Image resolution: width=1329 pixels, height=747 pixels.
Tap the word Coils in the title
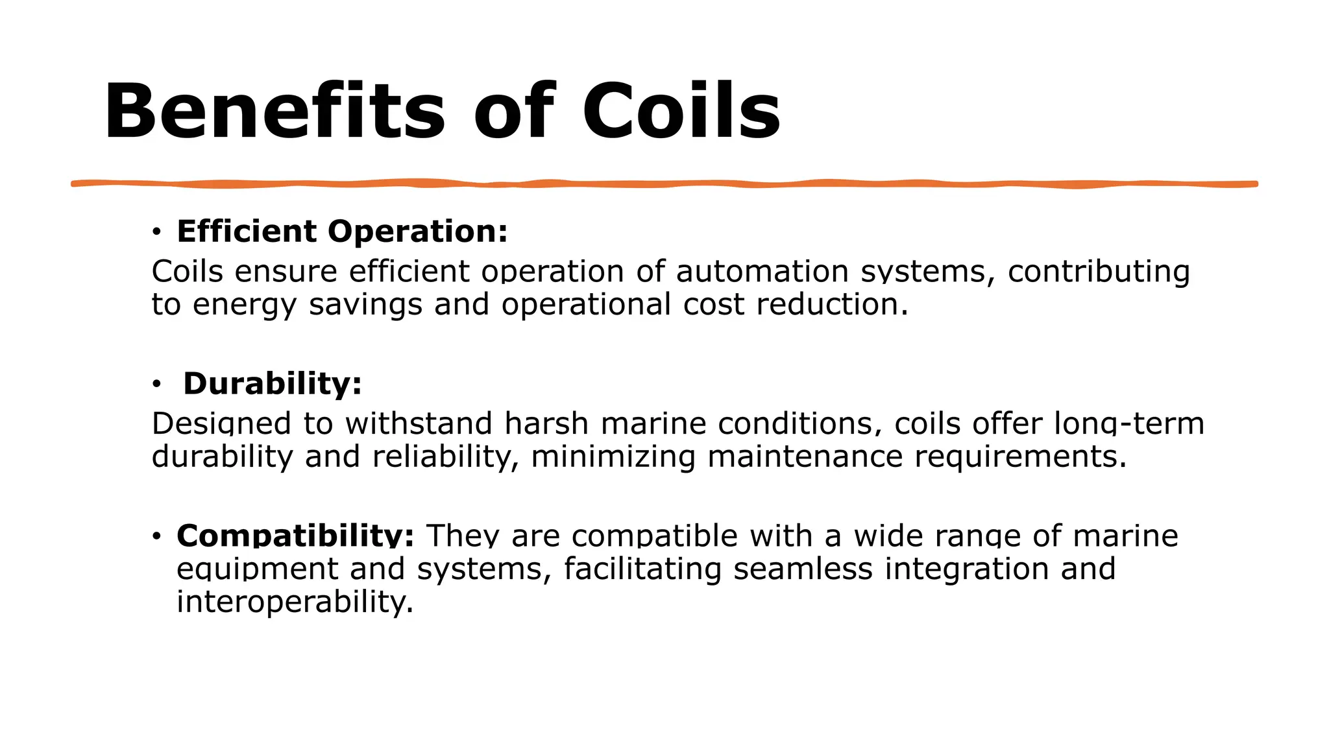click(x=681, y=112)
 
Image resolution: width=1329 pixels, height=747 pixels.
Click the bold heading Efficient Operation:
click(x=342, y=231)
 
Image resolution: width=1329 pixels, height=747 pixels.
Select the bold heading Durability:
click(x=273, y=383)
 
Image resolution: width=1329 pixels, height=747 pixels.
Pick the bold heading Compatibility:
click(x=295, y=536)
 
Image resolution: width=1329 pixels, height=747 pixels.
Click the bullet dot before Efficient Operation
click(x=156, y=232)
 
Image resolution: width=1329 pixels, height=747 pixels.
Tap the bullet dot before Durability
click(x=156, y=385)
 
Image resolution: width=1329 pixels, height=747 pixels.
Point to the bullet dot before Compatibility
click(x=156, y=537)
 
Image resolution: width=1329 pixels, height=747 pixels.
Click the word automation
click(x=762, y=271)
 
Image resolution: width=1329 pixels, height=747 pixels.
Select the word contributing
click(x=1099, y=271)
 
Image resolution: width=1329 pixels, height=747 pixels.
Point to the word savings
click(x=365, y=304)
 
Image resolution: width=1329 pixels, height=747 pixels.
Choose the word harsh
click(x=546, y=423)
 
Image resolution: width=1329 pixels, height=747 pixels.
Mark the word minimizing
click(x=613, y=456)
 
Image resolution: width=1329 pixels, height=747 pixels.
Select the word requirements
click(x=1021, y=456)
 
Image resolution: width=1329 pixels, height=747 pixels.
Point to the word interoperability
click(x=295, y=602)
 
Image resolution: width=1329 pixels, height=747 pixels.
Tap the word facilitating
click(x=642, y=569)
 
